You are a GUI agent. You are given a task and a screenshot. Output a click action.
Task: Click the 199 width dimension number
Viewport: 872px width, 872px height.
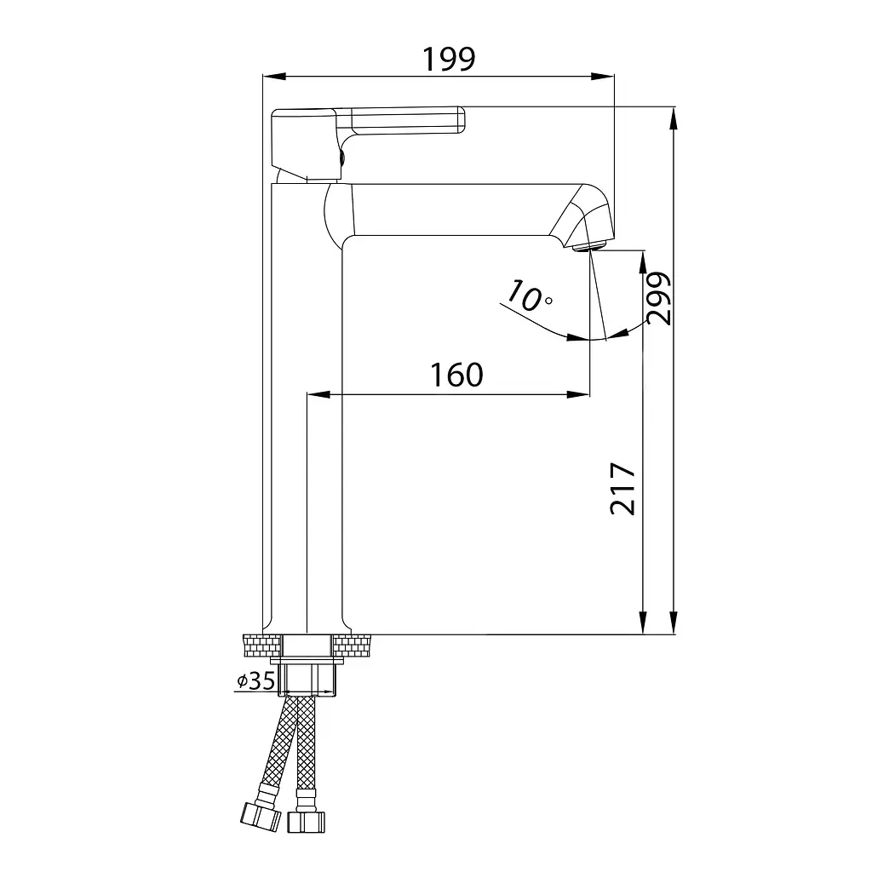coord(449,59)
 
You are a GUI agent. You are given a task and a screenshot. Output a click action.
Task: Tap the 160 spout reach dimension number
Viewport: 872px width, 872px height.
coord(456,375)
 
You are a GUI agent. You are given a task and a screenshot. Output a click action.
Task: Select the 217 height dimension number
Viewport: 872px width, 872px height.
coord(622,489)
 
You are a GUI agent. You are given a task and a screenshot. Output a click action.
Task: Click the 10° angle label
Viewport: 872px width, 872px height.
coord(528,295)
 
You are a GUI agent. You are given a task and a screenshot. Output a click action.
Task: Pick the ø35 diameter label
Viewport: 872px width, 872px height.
coord(255,680)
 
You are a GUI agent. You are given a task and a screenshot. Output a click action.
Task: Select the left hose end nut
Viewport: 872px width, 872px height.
coord(261,817)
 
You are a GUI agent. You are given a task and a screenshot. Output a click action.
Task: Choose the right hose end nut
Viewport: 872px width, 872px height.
coord(306,822)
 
